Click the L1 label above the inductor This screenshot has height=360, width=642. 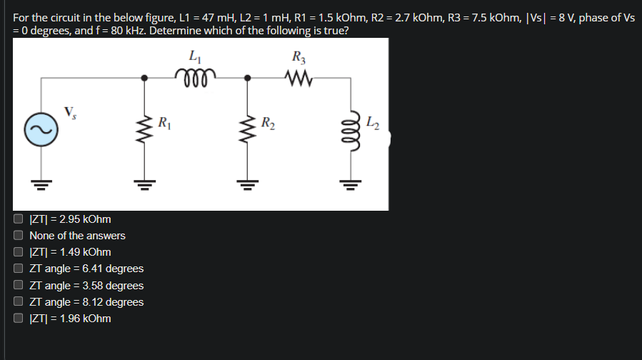click(194, 55)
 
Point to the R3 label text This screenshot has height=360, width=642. click(298, 55)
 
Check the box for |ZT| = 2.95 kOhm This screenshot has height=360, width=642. click(19, 219)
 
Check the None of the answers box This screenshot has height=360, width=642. click(19, 235)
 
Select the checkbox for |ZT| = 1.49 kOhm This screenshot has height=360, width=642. click(19, 252)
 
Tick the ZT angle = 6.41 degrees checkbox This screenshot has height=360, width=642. click(19, 269)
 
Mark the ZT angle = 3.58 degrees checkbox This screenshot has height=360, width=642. click(19, 285)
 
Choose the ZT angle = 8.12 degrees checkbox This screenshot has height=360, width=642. click(19, 301)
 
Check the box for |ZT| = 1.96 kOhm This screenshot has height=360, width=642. click(19, 319)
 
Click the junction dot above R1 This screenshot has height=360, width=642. click(145, 76)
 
